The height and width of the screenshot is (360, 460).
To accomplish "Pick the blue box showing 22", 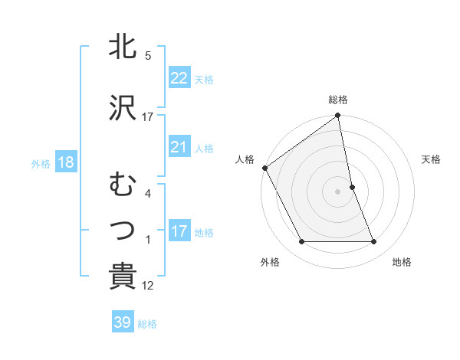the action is [x=179, y=77].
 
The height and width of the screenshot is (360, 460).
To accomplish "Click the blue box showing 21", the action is [x=179, y=147].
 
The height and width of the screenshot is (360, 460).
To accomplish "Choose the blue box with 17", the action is [x=179, y=231].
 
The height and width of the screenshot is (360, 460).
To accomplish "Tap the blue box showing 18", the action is [x=65, y=162].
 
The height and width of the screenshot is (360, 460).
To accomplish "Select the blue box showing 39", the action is [x=122, y=322].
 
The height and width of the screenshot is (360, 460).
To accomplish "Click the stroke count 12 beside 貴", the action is [x=148, y=286].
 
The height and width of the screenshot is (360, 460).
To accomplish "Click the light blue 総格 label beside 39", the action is [x=148, y=324].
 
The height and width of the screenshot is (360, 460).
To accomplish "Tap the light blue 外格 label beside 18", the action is [x=41, y=163].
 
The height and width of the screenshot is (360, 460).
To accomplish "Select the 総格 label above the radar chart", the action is [x=338, y=100].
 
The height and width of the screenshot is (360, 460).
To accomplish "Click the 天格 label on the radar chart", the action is [x=432, y=159].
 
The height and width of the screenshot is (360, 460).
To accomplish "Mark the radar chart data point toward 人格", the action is [x=264, y=168].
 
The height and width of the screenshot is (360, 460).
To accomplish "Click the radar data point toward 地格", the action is [x=374, y=242].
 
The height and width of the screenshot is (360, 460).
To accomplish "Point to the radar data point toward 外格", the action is [x=301, y=242].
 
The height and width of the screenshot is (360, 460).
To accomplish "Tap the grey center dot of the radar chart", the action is [x=337, y=191].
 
